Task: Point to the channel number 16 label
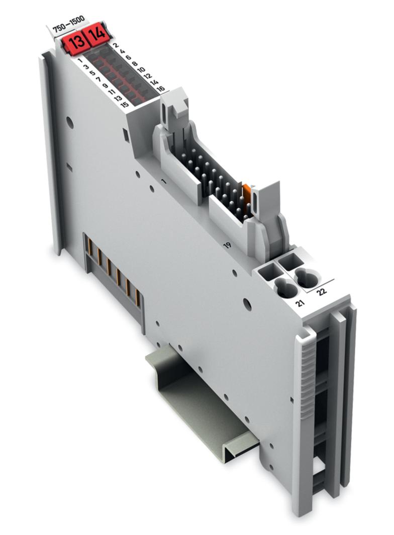click(160, 89)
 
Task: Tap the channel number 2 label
click(115, 46)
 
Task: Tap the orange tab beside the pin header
click(246, 194)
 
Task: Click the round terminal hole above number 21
click(286, 288)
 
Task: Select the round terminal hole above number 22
click(308, 277)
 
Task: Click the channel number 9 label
click(105, 85)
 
